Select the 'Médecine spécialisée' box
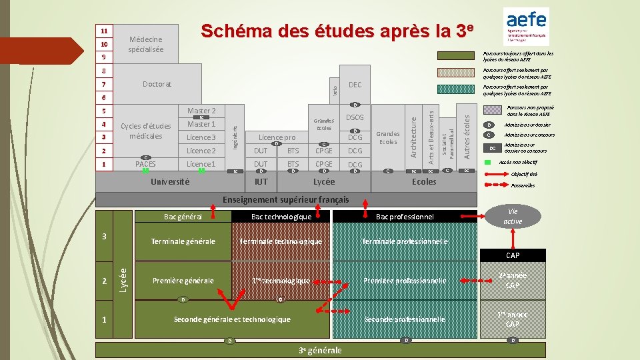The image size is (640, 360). pos(145,45)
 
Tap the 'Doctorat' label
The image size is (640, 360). pos(157,85)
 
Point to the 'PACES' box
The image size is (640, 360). pos(145,164)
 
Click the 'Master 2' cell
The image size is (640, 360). pos(201,111)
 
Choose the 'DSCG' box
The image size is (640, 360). pos(355,118)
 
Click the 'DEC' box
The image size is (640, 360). pos(355,85)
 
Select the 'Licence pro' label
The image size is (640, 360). pos(277,137)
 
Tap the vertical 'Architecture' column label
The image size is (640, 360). pos(413,137)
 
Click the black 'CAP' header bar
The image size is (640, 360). pos(513,255)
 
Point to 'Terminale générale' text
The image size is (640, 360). pos(183,241)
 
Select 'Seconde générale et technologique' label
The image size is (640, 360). pos(231,319)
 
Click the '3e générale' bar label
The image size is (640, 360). pos(320,351)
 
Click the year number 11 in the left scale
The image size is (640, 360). pos(104,31)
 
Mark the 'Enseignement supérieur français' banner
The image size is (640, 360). pos(285,199)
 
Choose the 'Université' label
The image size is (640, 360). pos(171,181)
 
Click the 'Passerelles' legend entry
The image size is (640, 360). pos(523,186)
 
